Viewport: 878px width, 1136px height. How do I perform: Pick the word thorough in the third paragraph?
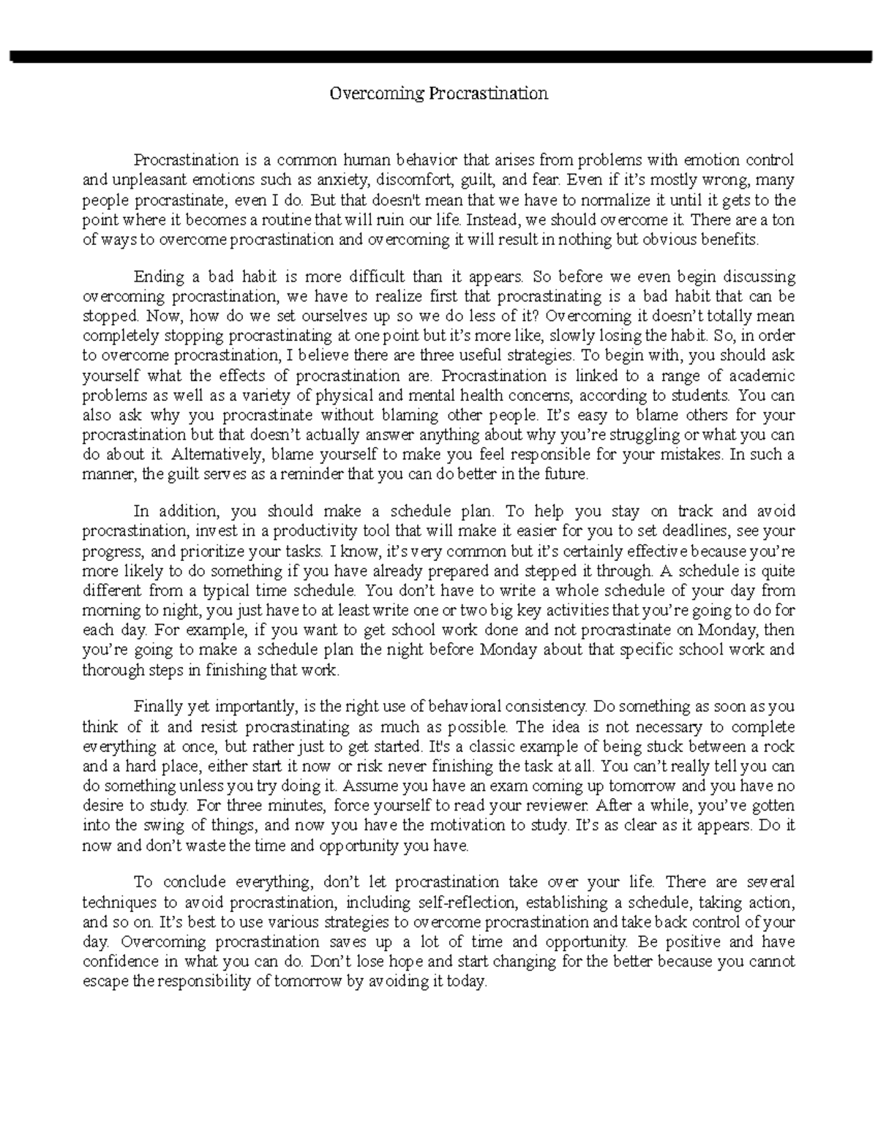pos(111,669)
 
